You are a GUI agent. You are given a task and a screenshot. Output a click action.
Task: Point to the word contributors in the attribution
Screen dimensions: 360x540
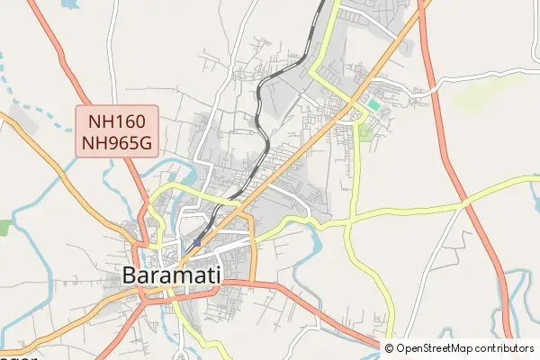click(x=504, y=348)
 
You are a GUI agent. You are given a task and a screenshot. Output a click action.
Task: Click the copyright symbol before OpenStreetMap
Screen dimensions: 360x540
click(x=390, y=348)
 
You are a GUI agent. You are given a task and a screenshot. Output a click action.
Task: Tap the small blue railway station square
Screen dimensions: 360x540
click(x=197, y=243)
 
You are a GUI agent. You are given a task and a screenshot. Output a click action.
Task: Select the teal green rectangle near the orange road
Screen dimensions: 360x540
click(x=373, y=104)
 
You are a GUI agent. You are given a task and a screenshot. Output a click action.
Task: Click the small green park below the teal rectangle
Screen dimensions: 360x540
click(x=364, y=133)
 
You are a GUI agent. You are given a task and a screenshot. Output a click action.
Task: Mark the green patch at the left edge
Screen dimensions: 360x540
click(x=4, y=228)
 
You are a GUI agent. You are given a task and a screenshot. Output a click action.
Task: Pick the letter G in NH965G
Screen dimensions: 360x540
click(x=150, y=141)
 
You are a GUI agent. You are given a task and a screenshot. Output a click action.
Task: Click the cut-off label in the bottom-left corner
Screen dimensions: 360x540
click(x=18, y=356)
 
